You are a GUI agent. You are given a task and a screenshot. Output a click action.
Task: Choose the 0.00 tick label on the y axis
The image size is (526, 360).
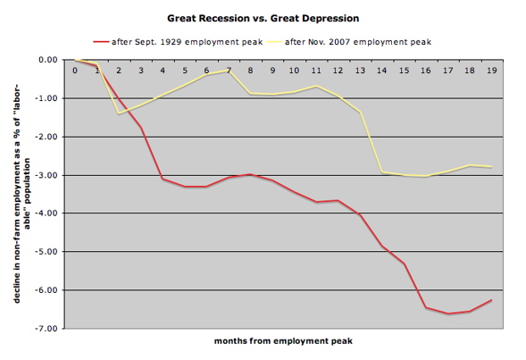[x=47, y=60]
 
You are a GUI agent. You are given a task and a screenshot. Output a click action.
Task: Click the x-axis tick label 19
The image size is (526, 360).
[x=491, y=70]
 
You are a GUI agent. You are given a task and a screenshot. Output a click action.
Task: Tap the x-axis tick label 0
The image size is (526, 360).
[x=75, y=70]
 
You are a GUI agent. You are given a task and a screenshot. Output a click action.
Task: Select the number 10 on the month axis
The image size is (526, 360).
[x=294, y=70]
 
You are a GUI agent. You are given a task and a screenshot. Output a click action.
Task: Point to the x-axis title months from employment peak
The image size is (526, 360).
[x=281, y=341]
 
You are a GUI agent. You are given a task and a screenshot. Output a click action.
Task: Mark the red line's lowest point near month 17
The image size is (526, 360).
[x=447, y=314]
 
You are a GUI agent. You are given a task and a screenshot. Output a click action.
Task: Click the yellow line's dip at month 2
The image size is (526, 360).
[x=119, y=113]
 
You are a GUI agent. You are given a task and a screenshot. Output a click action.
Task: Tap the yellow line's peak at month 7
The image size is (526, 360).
[x=229, y=70]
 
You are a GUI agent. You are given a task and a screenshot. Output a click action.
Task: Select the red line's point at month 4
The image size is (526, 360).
[x=163, y=179]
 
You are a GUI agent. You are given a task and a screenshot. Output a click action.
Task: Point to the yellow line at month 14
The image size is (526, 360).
[x=381, y=172]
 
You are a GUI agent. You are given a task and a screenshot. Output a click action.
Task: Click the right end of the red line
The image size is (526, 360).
[x=491, y=300]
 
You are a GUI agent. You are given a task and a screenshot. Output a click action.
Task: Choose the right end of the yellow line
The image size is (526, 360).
[x=491, y=167]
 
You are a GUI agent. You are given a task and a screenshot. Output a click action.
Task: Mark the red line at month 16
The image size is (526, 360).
[x=425, y=307]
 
